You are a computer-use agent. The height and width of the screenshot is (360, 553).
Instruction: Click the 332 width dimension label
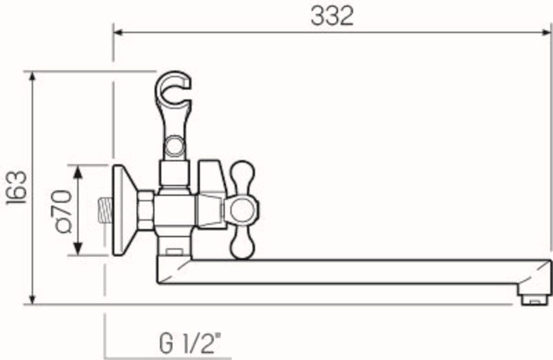tap(332, 16)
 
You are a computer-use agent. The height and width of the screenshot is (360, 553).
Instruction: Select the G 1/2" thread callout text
tap(190, 343)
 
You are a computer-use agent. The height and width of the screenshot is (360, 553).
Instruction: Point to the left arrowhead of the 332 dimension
tap(118, 32)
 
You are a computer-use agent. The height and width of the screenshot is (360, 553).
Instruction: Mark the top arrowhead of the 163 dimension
tap(32, 77)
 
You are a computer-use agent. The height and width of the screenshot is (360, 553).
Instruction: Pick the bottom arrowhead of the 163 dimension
tap(32, 300)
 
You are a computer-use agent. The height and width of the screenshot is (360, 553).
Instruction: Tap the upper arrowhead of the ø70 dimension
tap(78, 171)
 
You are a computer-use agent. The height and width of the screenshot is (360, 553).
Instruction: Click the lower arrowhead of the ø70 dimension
tap(78, 249)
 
